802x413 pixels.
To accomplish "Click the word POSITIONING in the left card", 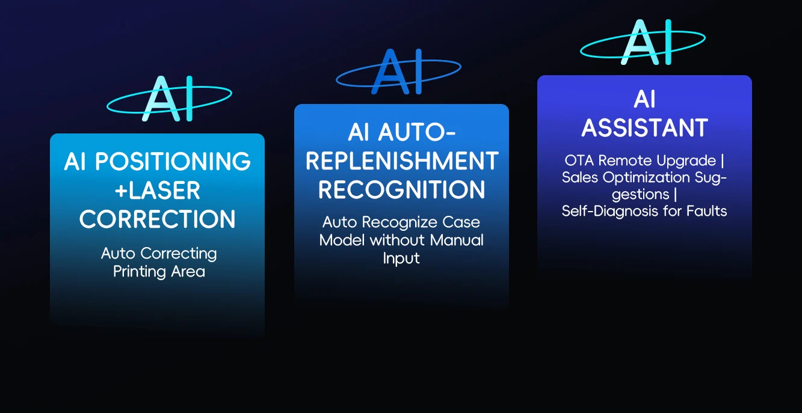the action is tap(173, 161).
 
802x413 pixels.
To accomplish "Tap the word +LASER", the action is tap(158, 190).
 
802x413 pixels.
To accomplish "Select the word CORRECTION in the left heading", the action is tap(158, 219).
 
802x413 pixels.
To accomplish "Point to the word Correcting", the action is tap(179, 254).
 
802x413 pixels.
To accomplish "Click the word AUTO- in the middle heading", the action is tap(417, 132).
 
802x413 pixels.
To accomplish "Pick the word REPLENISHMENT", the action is tap(402, 161).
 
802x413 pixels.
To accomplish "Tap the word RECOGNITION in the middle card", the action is tap(402, 189).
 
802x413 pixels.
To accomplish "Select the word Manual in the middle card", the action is tap(457, 240).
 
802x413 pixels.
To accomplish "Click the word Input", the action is tap(401, 259).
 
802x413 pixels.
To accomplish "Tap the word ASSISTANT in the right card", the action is tap(645, 128).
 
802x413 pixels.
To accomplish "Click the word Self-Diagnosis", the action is tap(611, 211).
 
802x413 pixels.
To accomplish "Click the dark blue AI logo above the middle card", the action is tap(398, 72).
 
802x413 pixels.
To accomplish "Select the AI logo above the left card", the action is tap(169, 99).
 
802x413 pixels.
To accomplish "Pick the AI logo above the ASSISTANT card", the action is tap(643, 42).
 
